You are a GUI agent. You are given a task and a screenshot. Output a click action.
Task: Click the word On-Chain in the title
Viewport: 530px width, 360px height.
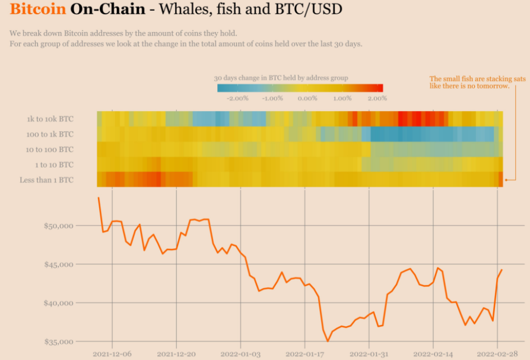click(x=107, y=10)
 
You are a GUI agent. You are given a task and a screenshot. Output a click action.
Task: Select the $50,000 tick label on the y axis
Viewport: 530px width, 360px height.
click(x=58, y=226)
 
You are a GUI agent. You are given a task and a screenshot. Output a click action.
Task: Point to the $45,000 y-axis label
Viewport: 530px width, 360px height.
click(x=58, y=264)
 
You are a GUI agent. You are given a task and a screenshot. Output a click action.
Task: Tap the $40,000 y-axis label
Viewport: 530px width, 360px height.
click(x=58, y=303)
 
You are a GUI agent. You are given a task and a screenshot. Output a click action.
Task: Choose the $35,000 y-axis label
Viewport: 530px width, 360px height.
click(x=58, y=342)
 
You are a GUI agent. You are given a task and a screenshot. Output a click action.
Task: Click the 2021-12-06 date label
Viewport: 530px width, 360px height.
click(x=112, y=354)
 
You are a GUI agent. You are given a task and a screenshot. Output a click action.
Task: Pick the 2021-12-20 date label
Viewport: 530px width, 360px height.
click(x=176, y=354)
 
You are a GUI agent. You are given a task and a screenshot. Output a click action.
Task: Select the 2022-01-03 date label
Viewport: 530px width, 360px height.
click(x=240, y=354)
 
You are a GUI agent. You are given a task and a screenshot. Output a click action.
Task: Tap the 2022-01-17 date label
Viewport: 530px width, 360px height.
click(x=304, y=354)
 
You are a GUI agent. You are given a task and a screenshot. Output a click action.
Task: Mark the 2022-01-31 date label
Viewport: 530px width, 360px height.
click(x=369, y=354)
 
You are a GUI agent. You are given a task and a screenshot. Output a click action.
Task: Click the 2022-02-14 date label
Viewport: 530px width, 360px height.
click(x=433, y=354)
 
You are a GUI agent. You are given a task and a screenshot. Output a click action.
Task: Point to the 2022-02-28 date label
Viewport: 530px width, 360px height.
click(x=497, y=354)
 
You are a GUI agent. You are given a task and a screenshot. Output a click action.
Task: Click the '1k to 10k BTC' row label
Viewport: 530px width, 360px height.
click(x=50, y=119)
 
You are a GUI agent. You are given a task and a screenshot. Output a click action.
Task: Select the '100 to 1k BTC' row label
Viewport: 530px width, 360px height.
click(x=50, y=134)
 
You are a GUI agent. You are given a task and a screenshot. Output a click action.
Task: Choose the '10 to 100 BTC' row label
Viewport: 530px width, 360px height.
click(x=50, y=149)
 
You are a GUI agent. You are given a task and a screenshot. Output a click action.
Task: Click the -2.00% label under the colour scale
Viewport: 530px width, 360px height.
click(x=238, y=98)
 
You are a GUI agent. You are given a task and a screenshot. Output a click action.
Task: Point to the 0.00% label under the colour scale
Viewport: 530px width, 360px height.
click(x=307, y=98)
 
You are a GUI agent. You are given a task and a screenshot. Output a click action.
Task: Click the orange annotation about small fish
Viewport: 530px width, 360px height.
click(x=469, y=83)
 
